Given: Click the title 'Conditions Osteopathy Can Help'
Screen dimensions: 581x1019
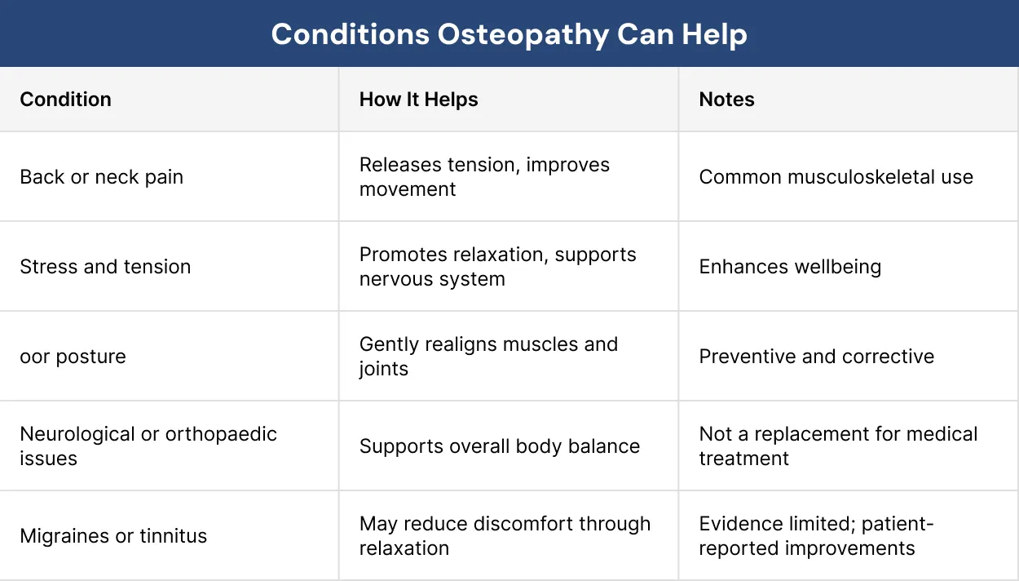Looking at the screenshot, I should coord(509,34).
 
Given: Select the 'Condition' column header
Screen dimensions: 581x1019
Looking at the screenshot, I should coord(65,100).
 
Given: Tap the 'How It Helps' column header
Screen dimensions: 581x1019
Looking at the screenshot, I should coord(418,100).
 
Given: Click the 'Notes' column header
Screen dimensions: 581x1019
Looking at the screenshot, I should coord(726,100).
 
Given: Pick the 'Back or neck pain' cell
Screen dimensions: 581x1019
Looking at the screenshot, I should coord(101,177).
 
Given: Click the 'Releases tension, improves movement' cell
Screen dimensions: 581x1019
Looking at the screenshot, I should coord(484,177).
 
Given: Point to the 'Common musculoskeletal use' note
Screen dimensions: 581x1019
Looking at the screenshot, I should coord(836,177).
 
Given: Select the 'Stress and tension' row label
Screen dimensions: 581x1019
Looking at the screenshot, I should coord(105,267).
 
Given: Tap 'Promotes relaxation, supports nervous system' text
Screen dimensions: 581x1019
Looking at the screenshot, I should coord(497,267).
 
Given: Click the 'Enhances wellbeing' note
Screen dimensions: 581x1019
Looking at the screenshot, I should coord(790,267).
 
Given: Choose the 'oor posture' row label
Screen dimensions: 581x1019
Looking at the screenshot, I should coord(73,357).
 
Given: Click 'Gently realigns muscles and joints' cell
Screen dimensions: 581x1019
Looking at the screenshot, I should coord(488,357).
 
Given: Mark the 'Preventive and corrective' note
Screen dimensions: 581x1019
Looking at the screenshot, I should coord(816,357).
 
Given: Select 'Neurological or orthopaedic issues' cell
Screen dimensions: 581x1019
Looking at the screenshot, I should coord(148,446).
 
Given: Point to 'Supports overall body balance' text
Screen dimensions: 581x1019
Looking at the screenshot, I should coord(499,446).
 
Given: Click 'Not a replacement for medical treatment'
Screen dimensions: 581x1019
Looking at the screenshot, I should coord(838,446).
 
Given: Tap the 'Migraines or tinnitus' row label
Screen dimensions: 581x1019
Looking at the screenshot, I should coord(113,536).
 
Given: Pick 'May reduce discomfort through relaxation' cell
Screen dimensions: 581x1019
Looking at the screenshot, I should coord(505,536).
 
